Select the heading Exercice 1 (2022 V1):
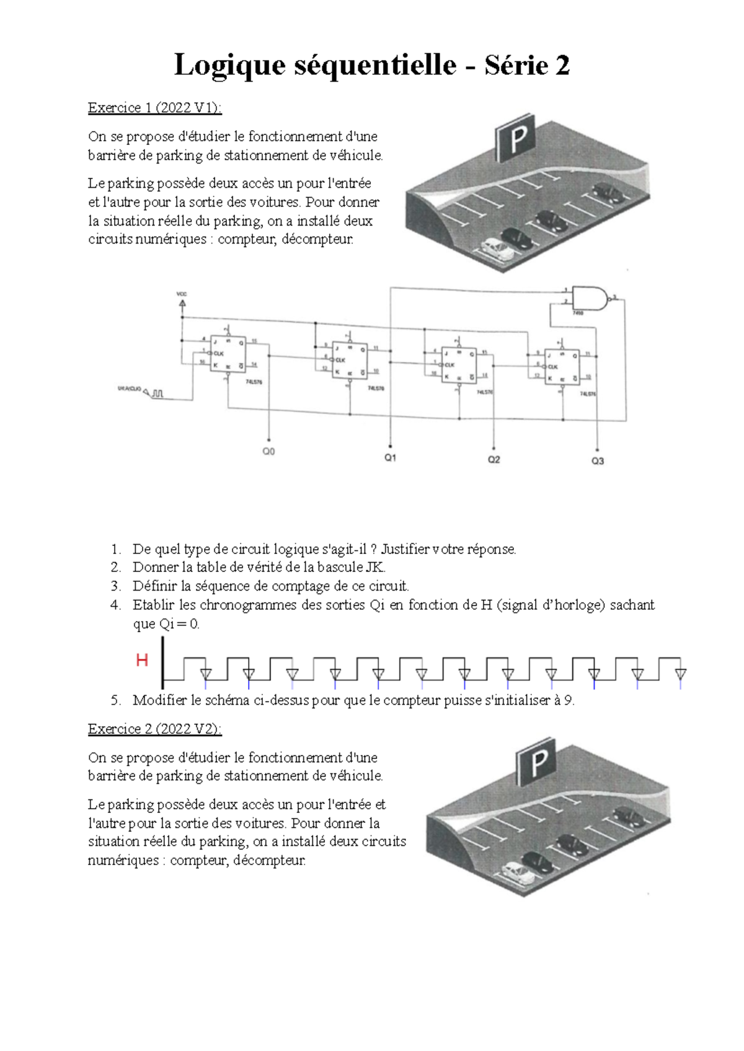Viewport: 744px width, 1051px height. (154, 108)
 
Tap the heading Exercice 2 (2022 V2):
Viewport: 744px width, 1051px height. (154, 729)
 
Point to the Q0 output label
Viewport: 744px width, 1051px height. (268, 452)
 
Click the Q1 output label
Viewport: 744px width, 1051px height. (390, 458)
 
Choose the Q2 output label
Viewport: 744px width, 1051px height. (494, 460)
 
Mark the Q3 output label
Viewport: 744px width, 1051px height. (597, 461)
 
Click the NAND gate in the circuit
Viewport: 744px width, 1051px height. (590, 298)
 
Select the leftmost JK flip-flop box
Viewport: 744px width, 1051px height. (228, 354)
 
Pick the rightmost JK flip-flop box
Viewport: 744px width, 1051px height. (562, 366)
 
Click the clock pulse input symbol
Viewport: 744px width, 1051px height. (157, 393)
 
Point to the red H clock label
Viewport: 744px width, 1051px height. (142, 661)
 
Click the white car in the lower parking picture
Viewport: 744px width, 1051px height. (518, 873)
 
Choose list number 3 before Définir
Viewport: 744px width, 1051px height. (116, 586)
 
